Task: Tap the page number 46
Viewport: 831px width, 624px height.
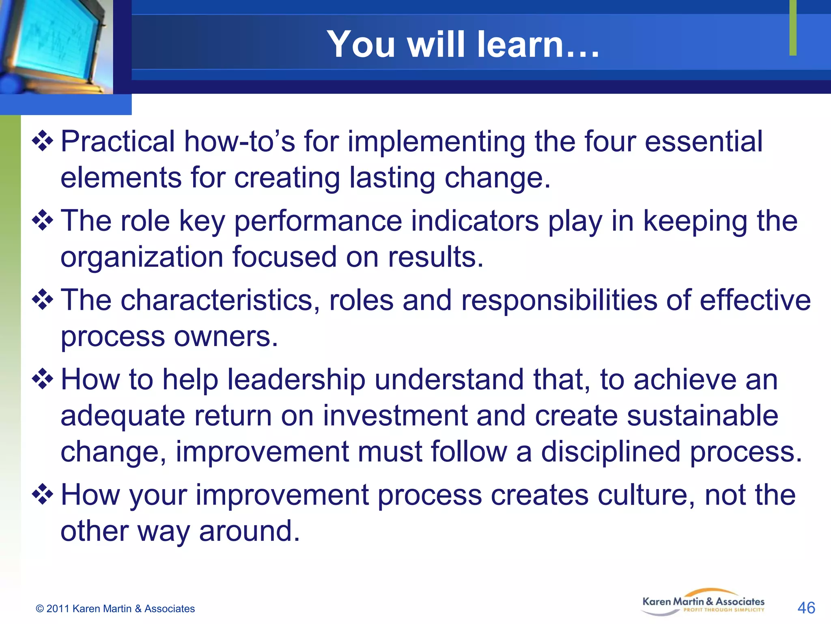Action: (806, 608)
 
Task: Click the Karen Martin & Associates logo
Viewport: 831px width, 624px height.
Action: (703, 603)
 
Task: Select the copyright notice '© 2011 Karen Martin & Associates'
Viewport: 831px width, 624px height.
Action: (115, 609)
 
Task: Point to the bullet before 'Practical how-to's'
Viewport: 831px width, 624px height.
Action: (43, 142)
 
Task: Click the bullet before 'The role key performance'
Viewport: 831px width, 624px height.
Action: (43, 221)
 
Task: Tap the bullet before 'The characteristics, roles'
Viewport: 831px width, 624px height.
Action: (43, 300)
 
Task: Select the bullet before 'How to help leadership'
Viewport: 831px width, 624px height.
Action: (43, 379)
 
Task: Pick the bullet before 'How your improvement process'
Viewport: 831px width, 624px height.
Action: (43, 495)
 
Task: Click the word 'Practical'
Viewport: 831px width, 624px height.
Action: (118, 142)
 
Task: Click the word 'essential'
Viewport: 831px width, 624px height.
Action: (704, 142)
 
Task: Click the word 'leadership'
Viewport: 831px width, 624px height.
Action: (296, 379)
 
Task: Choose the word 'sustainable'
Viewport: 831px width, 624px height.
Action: (702, 416)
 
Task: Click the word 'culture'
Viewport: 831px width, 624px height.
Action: (646, 495)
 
